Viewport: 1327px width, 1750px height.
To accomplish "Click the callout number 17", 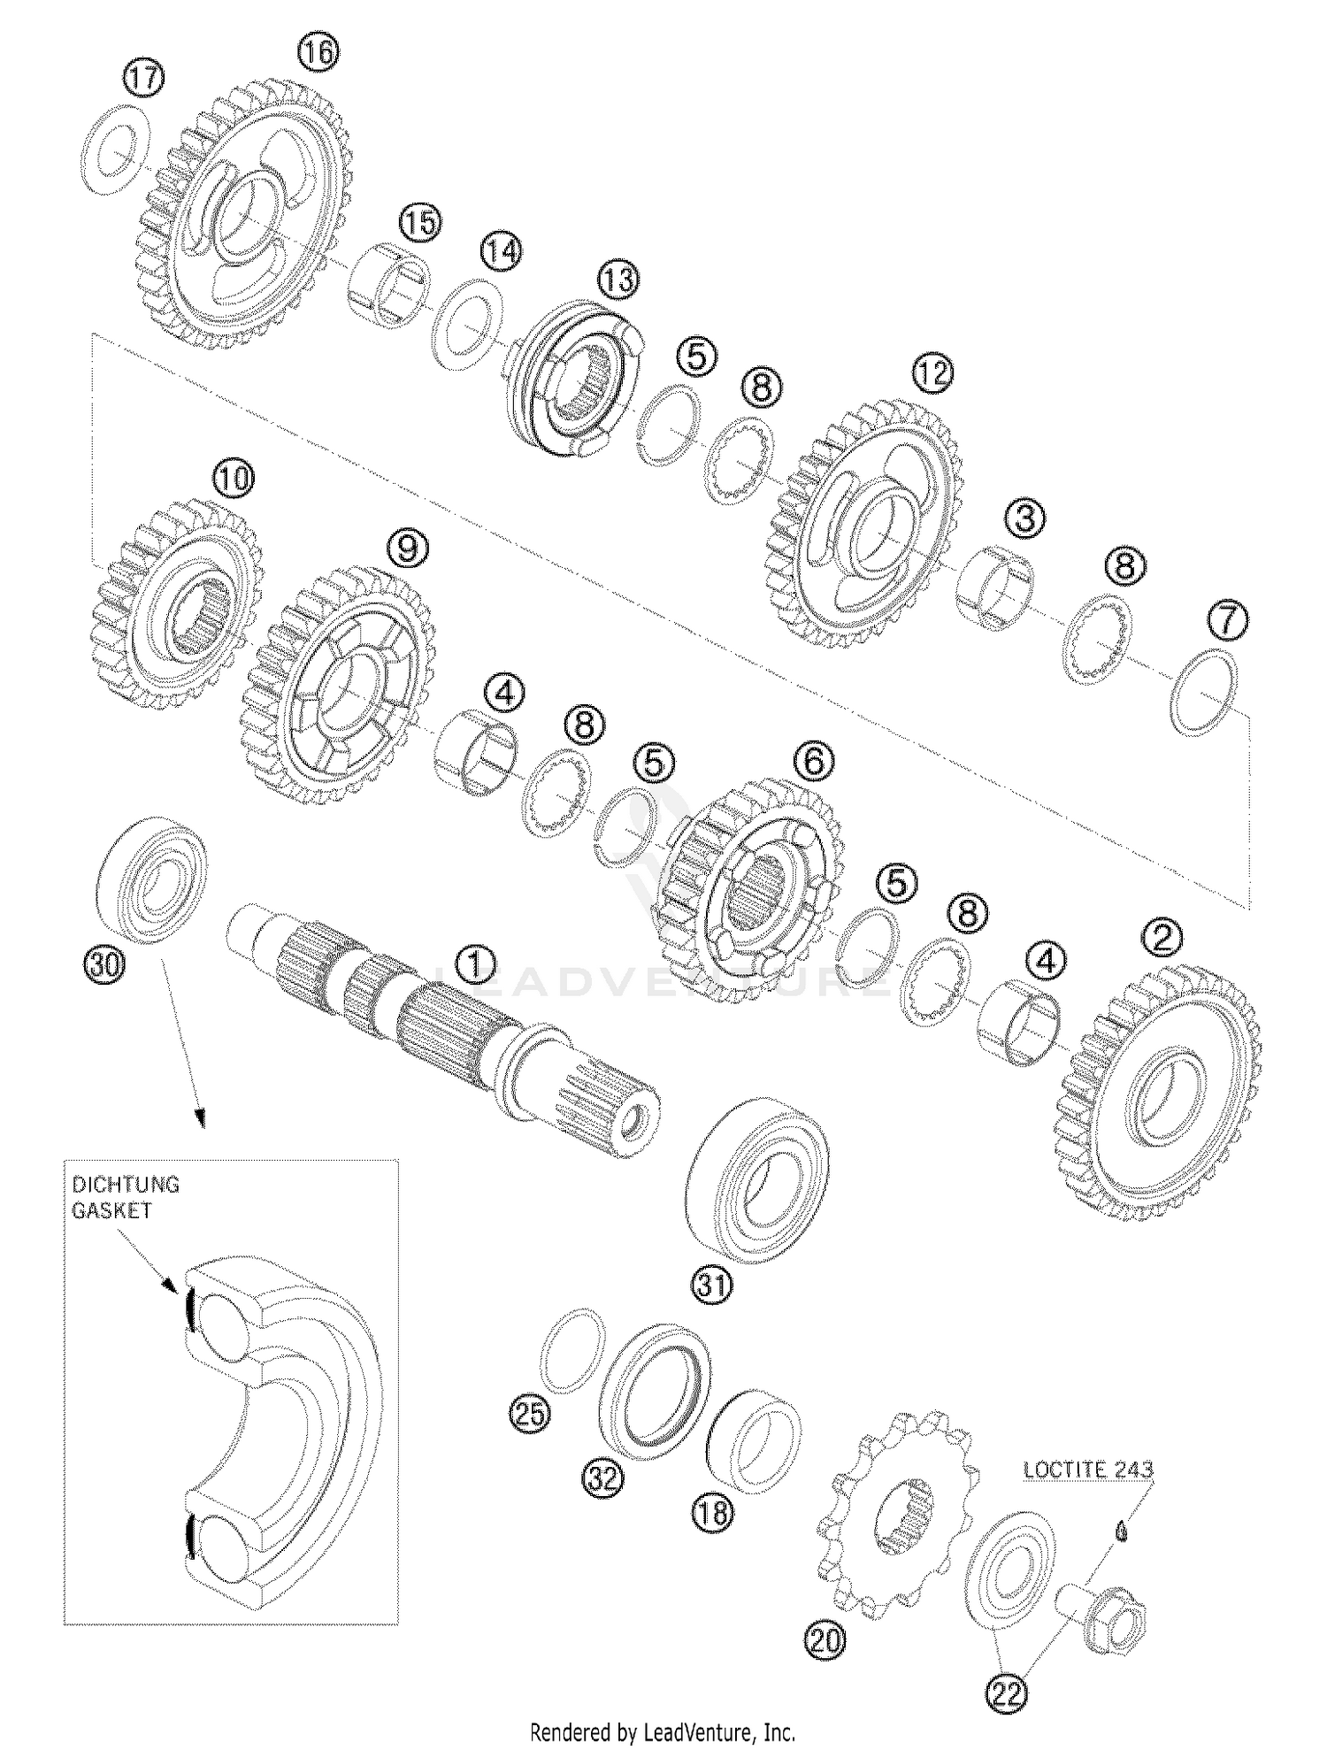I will pos(142,78).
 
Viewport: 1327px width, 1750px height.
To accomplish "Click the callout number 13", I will pos(617,280).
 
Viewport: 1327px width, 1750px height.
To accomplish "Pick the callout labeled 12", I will pos(932,373).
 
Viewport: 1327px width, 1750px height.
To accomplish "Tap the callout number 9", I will pos(407,548).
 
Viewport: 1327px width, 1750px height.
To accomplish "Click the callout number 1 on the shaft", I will pos(476,965).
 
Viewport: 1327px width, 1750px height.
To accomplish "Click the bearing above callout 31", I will pos(757,1179).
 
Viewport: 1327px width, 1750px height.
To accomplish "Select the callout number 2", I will pos(1162,936).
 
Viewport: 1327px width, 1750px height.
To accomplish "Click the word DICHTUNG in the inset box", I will pos(126,1184).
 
